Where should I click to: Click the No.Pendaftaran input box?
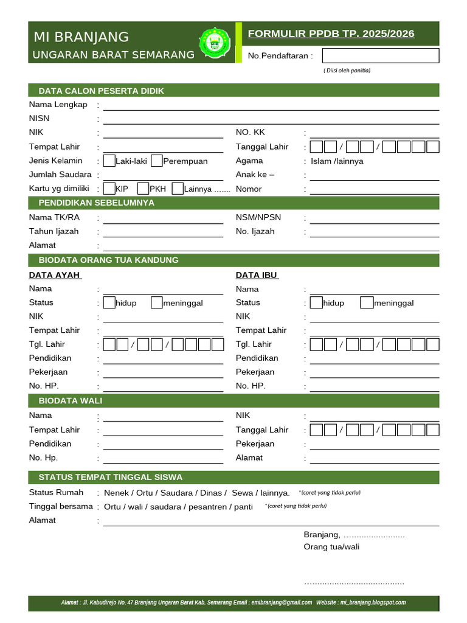click(380, 56)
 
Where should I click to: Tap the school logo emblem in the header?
click(215, 42)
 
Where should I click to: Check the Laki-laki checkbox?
click(109, 161)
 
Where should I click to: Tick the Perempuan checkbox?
click(157, 161)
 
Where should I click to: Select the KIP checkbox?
click(109, 189)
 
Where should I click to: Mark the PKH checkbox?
click(144, 189)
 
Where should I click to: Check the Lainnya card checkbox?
click(178, 189)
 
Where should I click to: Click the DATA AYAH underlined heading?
click(55, 275)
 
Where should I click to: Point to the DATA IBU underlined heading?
click(257, 275)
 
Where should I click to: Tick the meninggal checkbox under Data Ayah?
click(157, 302)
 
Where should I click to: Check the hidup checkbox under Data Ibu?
click(316, 302)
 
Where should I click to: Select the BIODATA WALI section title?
click(71, 400)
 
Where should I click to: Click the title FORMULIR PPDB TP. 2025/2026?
click(331, 33)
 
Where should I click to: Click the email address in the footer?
click(282, 603)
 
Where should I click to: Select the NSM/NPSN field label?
click(258, 217)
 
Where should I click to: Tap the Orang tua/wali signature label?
click(331, 547)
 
